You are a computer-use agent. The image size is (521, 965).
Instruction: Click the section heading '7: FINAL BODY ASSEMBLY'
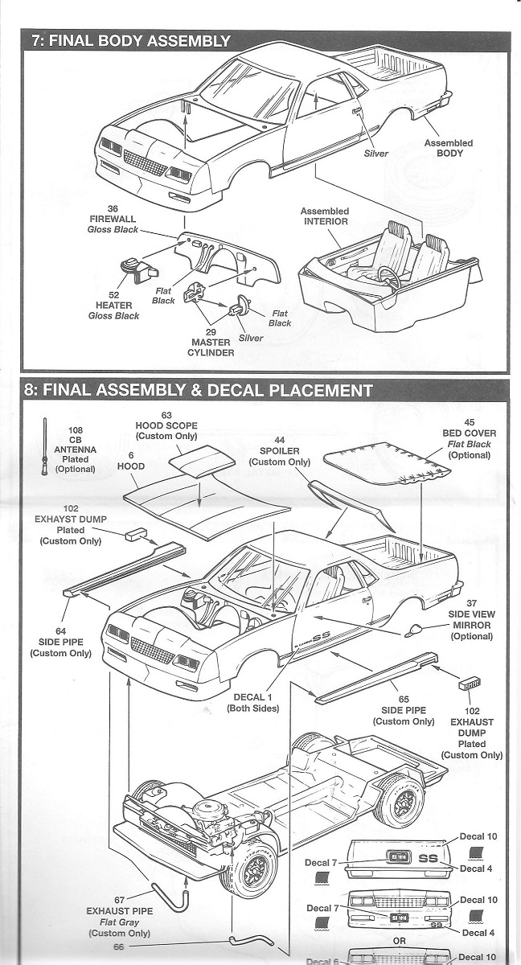(x=130, y=41)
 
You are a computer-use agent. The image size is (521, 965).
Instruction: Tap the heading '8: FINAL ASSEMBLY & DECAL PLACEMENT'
(x=198, y=391)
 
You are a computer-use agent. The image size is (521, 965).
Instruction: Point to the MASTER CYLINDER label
(x=211, y=347)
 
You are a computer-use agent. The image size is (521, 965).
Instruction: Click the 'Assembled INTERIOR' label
(x=324, y=216)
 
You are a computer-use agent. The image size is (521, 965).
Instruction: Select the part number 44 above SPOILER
(x=279, y=441)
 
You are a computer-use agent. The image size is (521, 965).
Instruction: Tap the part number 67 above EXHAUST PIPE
(x=118, y=900)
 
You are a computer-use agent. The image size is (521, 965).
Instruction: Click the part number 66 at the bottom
(x=118, y=947)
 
